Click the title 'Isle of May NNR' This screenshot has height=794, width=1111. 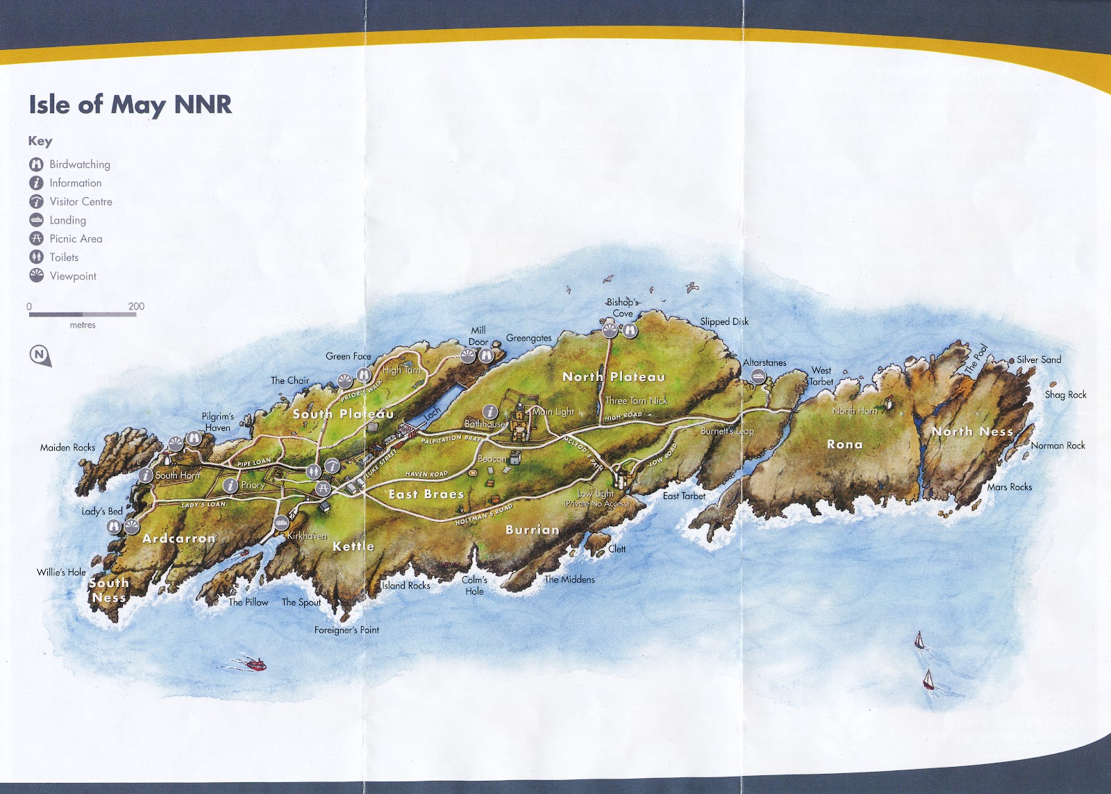click(130, 105)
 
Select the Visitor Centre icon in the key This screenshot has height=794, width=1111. click(36, 201)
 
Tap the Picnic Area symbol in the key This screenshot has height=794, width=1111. click(36, 238)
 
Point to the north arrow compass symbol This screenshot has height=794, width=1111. click(40, 355)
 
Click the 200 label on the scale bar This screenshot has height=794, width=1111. click(136, 306)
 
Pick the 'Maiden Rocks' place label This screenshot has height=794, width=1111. click(67, 448)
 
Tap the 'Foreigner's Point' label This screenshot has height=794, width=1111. click(346, 630)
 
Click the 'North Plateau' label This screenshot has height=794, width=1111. click(613, 377)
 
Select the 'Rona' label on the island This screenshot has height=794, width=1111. click(844, 444)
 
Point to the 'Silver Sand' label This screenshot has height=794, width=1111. click(1039, 360)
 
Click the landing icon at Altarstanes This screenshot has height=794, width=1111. click(758, 375)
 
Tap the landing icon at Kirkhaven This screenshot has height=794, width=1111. click(281, 522)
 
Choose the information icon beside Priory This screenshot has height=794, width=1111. click(230, 485)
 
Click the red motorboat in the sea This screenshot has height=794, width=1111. click(256, 665)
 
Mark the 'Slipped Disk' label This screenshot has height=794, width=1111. click(724, 321)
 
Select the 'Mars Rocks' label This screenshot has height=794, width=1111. click(1010, 487)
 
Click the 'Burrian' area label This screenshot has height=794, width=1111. click(532, 530)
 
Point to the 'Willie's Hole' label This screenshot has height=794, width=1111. click(61, 573)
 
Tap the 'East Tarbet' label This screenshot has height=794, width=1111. click(684, 496)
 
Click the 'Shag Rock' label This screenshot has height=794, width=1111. click(1065, 394)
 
